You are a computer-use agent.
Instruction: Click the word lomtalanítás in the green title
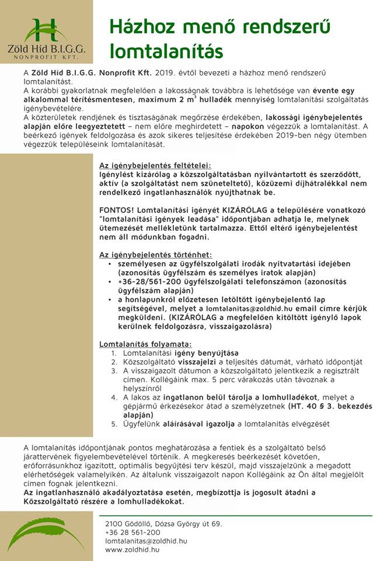click(156, 50)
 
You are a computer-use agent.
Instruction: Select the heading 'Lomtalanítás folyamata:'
click(145, 344)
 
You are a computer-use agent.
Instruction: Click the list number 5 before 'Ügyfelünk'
click(114, 423)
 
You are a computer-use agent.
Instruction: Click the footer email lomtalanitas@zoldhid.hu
click(146, 541)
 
